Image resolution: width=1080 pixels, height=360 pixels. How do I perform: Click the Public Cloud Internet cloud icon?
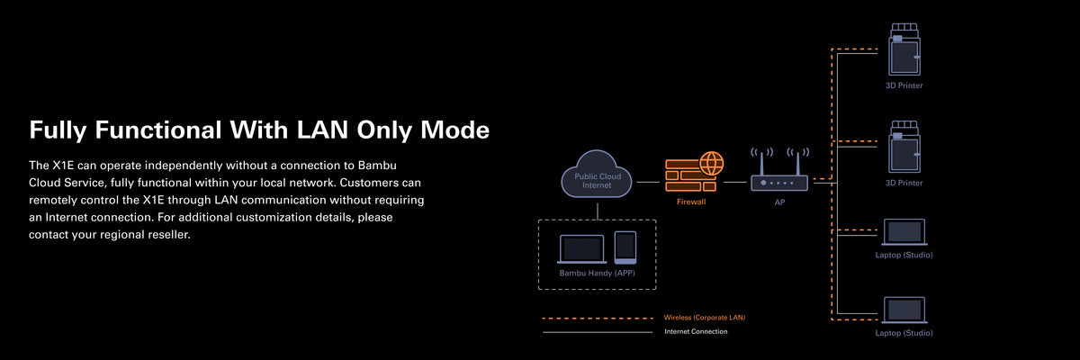[x=597, y=174]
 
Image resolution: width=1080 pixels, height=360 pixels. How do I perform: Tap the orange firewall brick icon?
[x=691, y=175]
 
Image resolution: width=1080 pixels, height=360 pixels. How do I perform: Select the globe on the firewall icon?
[x=712, y=163]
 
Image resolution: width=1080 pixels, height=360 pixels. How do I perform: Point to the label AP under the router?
[x=779, y=202]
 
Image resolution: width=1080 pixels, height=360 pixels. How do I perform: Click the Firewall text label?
[x=691, y=202]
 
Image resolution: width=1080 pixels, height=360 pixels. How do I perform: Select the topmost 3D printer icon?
[x=904, y=49]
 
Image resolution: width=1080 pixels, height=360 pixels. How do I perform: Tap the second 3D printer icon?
[x=904, y=147]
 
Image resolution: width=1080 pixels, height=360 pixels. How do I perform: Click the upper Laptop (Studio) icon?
[x=904, y=232]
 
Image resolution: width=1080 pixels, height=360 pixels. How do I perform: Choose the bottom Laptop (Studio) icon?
[x=904, y=310]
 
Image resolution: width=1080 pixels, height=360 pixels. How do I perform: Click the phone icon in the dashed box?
[x=625, y=247]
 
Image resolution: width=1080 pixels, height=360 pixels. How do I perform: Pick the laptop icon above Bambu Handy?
[x=582, y=249]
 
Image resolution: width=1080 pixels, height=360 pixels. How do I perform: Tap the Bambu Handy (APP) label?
[x=597, y=273]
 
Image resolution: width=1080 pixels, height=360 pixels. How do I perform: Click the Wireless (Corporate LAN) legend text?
[x=705, y=318]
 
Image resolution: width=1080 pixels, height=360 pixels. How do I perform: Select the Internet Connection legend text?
[x=696, y=331]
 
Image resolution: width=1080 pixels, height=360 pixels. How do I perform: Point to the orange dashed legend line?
[x=598, y=319]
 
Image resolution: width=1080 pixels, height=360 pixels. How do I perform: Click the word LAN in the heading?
[x=322, y=130]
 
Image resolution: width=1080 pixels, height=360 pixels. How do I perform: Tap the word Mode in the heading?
[x=455, y=130]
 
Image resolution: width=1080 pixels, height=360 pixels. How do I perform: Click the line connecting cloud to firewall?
[x=648, y=182]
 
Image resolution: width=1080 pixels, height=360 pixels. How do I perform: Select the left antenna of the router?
[x=761, y=163]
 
